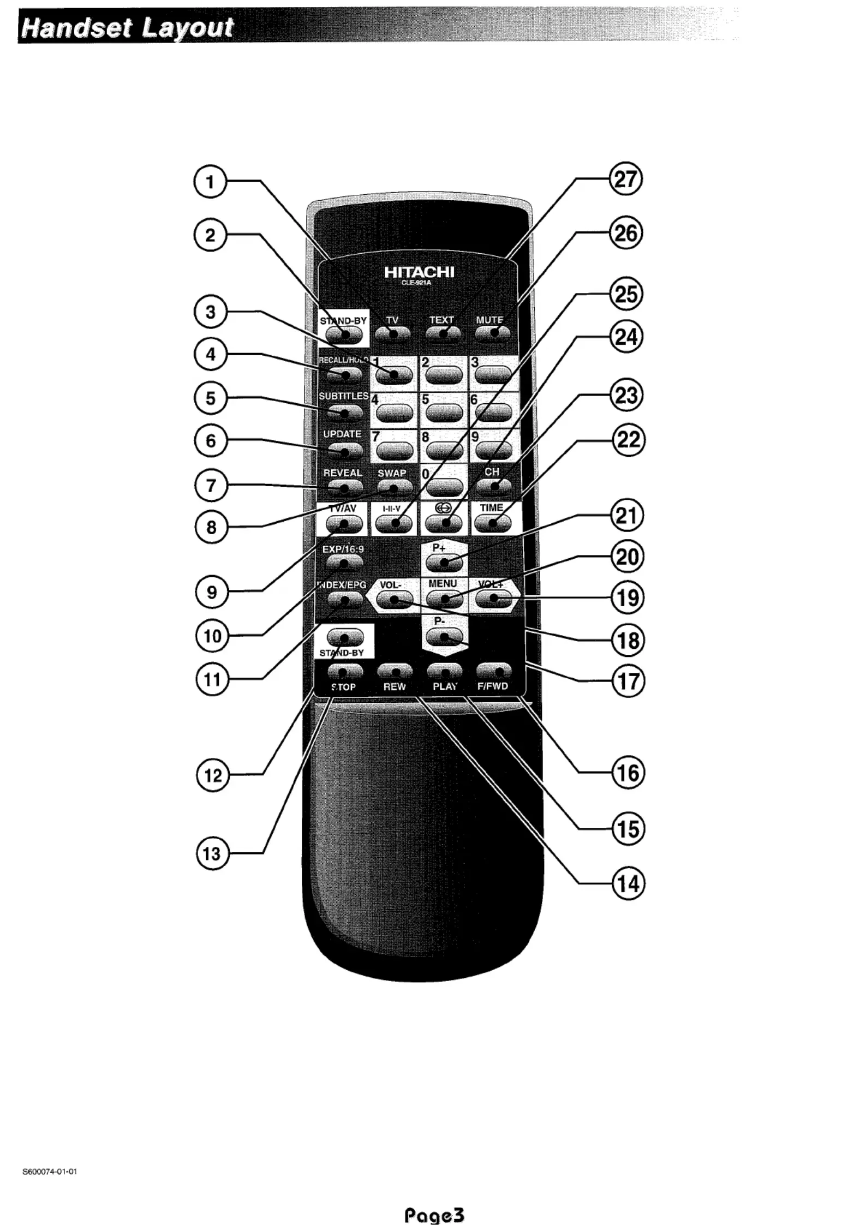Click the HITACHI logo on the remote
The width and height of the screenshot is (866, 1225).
click(419, 272)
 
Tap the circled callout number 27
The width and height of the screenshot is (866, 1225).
click(625, 179)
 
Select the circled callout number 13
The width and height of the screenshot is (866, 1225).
click(212, 853)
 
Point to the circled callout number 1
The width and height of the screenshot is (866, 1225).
click(210, 182)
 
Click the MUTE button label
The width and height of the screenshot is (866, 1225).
click(489, 320)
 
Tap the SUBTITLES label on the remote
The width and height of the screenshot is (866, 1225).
click(343, 396)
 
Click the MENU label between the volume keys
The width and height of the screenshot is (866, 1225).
click(443, 583)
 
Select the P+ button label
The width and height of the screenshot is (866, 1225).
click(439, 547)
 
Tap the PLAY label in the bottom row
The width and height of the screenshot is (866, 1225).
click(445, 686)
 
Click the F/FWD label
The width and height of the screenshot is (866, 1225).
click(492, 686)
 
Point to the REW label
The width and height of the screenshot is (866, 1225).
click(394, 686)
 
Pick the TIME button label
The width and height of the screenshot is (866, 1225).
click(491, 507)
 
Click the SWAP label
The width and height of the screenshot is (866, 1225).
click(392, 473)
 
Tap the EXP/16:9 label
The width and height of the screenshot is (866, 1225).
click(343, 549)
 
